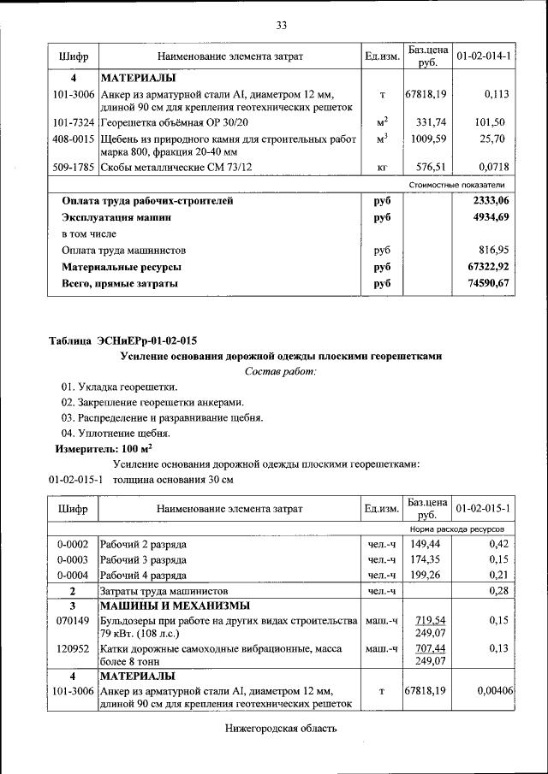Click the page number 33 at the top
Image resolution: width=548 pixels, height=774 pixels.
280,25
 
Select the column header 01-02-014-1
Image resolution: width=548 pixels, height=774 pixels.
484,56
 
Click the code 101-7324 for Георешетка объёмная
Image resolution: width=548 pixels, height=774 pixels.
73,122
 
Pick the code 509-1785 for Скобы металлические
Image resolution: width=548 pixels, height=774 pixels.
73,167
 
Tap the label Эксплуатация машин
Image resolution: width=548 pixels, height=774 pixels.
116,218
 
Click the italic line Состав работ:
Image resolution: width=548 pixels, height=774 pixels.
280,371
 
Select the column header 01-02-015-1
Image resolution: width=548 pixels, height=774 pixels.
484,509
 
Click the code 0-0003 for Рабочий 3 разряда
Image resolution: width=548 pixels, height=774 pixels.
73,559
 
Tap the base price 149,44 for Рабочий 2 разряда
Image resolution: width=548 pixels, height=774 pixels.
426,544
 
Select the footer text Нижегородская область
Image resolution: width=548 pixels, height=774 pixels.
280,729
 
